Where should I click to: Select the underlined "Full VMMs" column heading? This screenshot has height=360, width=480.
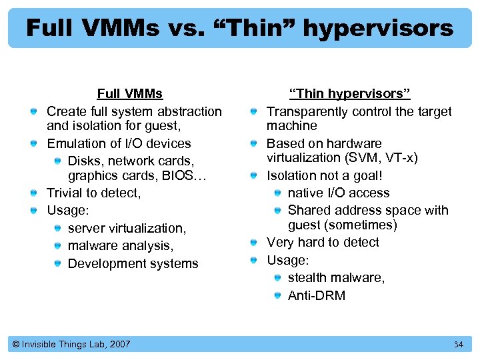(x=130, y=94)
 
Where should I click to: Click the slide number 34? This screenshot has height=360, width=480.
(x=458, y=345)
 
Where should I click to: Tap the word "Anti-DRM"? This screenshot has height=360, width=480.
(x=317, y=295)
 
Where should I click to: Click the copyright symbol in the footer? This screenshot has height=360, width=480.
(x=16, y=345)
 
